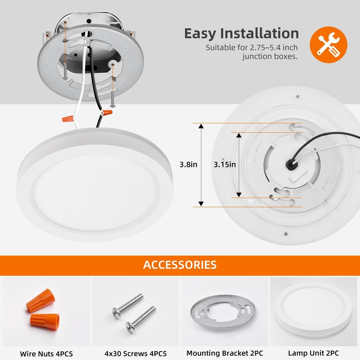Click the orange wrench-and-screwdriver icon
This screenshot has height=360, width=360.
[328, 43]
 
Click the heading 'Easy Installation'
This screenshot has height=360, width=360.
[241, 33]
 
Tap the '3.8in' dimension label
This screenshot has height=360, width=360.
[188, 165]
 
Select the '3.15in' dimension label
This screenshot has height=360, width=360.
[225, 165]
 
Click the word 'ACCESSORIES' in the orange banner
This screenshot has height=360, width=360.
[180, 265]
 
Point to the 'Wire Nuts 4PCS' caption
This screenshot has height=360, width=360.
[46, 353]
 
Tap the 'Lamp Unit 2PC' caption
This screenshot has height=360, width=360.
[313, 353]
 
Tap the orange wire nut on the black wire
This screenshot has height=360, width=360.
[107, 113]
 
